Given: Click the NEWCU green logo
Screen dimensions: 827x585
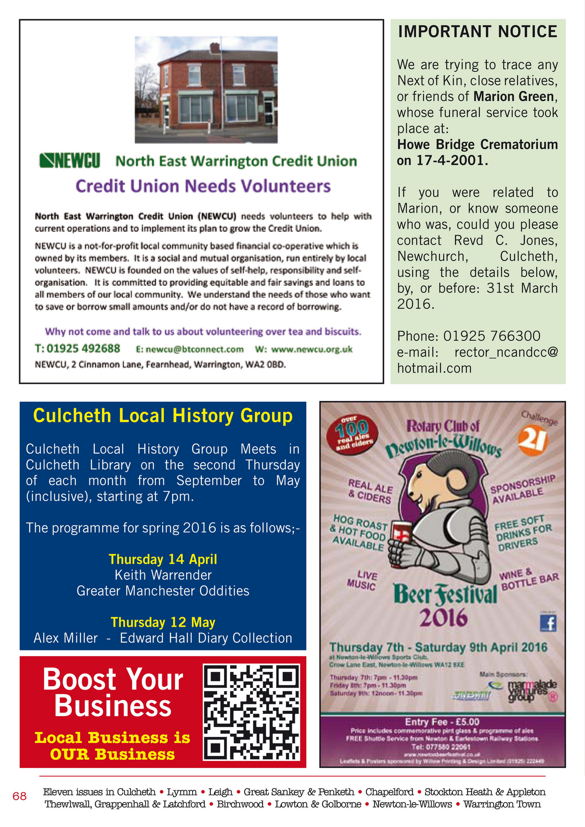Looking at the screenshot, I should pyautogui.click(x=70, y=160).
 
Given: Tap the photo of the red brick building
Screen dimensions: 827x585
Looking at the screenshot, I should pyautogui.click(x=206, y=90).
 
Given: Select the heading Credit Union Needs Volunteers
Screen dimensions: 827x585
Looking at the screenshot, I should pyautogui.click(x=203, y=186).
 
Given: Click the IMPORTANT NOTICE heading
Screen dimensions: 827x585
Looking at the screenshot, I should pyautogui.click(x=478, y=32).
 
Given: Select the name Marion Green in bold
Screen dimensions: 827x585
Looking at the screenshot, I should pyautogui.click(x=514, y=96).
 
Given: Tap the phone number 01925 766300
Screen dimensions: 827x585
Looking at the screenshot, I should pyautogui.click(x=491, y=336).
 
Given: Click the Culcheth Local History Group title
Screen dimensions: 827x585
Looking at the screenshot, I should pyautogui.click(x=163, y=416).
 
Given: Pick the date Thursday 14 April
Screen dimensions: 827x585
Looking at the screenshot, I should pyautogui.click(x=163, y=559).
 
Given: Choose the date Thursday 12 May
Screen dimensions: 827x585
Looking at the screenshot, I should pyautogui.click(x=163, y=622).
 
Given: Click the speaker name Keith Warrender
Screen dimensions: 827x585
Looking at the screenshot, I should pyautogui.click(x=163, y=575).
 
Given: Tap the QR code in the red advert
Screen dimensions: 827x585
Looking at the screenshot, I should pyautogui.click(x=251, y=712).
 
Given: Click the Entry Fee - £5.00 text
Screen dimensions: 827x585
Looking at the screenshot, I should pyautogui.click(x=442, y=722).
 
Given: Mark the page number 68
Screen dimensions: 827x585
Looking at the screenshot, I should pyautogui.click(x=20, y=796).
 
